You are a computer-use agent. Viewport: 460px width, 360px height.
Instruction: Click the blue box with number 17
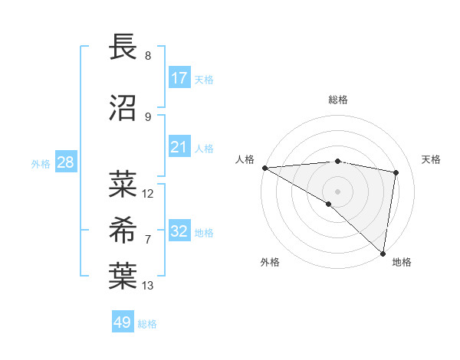179,78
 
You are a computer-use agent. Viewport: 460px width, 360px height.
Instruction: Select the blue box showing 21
179,147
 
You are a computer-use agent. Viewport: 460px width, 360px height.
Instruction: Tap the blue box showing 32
179,231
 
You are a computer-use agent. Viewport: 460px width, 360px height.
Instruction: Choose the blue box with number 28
64,162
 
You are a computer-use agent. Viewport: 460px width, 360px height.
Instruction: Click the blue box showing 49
123,322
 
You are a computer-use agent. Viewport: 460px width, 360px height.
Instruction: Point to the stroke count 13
148,286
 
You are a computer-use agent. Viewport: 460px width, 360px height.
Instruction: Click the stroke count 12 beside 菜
148,193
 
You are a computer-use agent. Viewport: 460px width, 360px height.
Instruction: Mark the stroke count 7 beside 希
148,240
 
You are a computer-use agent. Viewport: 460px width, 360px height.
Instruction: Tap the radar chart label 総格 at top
338,100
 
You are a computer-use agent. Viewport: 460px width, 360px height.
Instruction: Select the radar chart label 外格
269,262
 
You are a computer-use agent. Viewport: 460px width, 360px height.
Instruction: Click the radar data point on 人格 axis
264,168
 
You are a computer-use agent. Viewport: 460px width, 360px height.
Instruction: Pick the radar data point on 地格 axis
383,253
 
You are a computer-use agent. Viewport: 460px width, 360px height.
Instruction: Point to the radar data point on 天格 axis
396,172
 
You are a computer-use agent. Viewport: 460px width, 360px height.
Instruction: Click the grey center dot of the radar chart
337,191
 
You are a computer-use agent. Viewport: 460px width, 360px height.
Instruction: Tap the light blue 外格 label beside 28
41,163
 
